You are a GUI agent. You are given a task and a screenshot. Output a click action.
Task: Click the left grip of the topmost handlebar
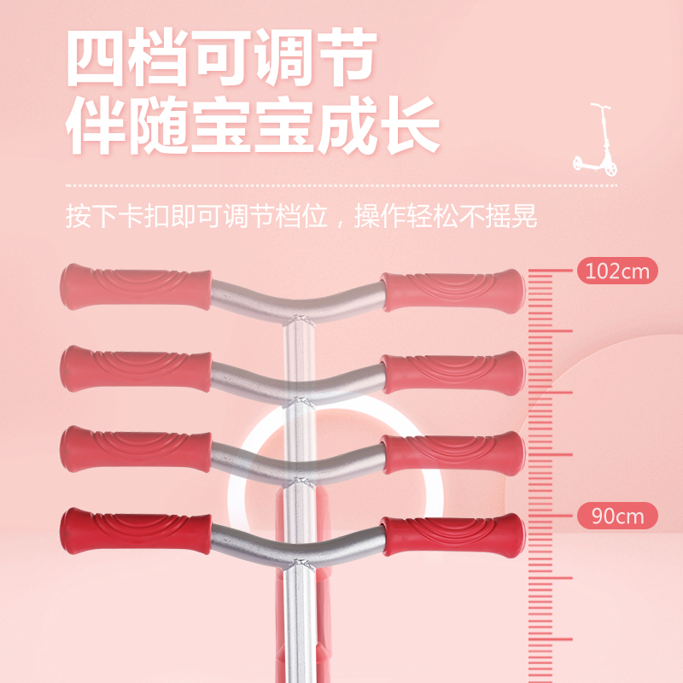click(x=135, y=287)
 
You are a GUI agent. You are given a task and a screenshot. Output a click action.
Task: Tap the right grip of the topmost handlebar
click(x=452, y=291)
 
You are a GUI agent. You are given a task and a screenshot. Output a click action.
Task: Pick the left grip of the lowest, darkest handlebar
click(x=135, y=532)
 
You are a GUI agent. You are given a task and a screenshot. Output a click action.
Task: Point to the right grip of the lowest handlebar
click(x=452, y=536)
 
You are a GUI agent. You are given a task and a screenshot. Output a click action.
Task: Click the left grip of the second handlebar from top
click(x=135, y=369)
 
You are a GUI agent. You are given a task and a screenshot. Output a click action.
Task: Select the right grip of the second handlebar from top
click(x=452, y=373)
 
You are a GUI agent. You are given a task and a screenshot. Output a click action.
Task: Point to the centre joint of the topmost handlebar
click(x=297, y=318)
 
